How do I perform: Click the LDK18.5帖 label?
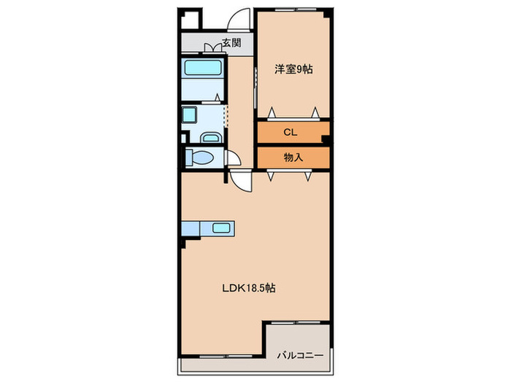(x=248, y=287)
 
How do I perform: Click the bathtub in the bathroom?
(x=203, y=70)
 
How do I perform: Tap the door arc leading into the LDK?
(x=242, y=181)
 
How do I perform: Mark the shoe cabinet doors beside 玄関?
(x=213, y=48)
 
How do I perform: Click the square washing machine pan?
(x=189, y=115)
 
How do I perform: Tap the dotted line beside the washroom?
(x=225, y=115)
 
